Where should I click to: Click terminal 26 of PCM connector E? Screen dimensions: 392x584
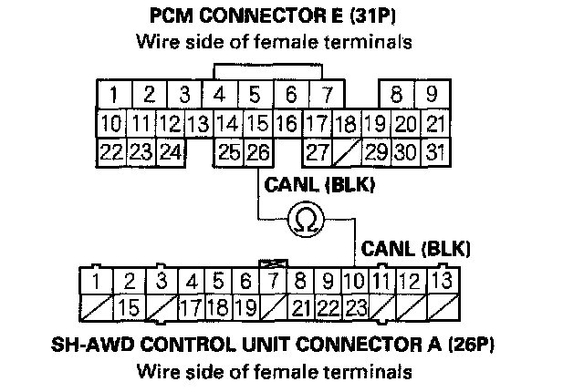point(257,152)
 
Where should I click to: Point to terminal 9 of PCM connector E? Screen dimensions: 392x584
point(431,94)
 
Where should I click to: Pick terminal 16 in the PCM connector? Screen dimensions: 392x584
point(287,123)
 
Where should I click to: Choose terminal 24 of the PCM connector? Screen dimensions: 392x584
point(170,152)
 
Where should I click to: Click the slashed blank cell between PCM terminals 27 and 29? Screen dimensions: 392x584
point(345,152)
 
